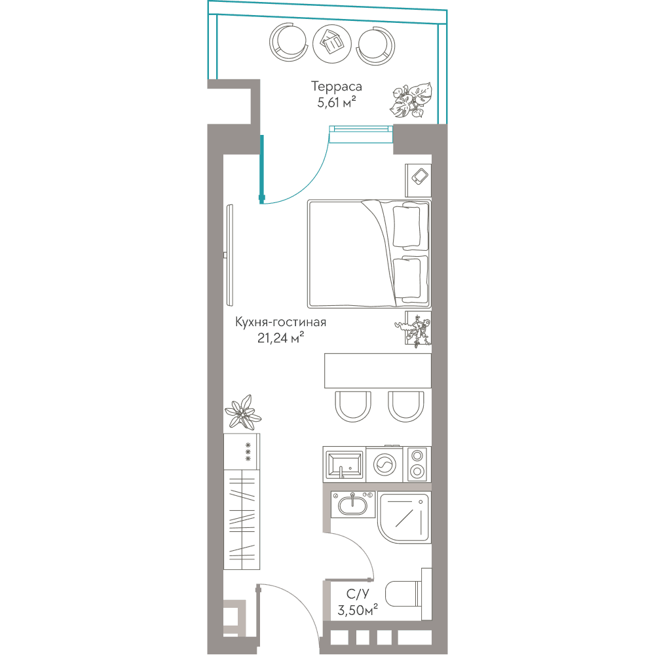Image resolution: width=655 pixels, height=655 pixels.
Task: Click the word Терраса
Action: pos(336,87)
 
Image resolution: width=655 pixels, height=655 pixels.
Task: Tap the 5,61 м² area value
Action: pos(336,102)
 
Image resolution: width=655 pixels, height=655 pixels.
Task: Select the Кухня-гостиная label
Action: pos(280,322)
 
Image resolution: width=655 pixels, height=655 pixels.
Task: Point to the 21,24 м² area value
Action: pos(280,337)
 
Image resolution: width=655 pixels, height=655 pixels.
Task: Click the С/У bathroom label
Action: pos(358,593)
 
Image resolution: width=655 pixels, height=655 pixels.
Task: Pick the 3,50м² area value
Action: pos(358,610)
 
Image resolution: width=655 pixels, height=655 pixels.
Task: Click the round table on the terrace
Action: pos(332,45)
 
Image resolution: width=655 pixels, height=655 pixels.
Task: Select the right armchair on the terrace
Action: pos(375,45)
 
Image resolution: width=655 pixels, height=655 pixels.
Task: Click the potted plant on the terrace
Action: pos(411,100)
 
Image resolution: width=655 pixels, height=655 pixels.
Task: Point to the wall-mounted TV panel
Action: pos(229,255)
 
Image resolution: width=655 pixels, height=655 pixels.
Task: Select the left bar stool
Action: pos(353,406)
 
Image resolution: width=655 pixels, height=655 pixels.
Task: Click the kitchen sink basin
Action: pos(345,464)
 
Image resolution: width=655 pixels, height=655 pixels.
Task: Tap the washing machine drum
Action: pos(384,464)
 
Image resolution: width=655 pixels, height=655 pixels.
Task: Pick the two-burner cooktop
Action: pos(417,464)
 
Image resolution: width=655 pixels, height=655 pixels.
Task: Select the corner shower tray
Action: pos(404,517)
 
